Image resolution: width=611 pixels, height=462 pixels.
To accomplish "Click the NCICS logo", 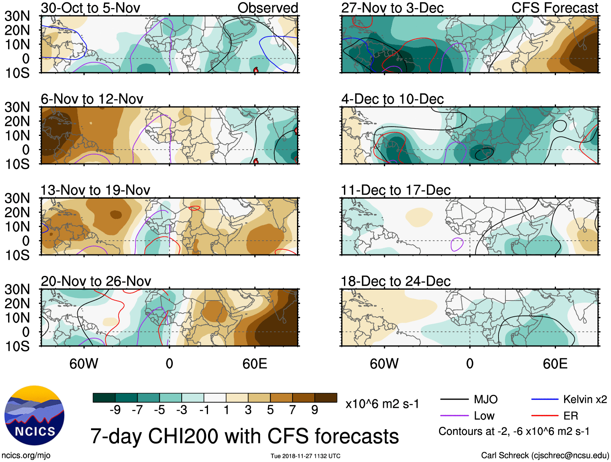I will tap(34, 415).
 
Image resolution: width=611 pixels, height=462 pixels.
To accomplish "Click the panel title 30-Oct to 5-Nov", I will tap(90, 8).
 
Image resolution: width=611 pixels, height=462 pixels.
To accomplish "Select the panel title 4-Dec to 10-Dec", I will tap(392, 99).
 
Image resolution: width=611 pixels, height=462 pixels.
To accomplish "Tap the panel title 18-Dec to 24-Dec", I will tap(395, 281).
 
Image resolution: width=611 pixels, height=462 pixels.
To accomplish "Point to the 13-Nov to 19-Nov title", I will tap(95, 190).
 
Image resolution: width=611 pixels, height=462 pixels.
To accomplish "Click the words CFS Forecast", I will tap(554, 8).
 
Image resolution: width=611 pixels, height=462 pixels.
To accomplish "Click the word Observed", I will tap(267, 8).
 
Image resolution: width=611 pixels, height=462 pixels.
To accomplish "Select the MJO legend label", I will tap(486, 400).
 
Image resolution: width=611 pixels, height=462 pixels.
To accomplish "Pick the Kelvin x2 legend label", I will tap(585, 400).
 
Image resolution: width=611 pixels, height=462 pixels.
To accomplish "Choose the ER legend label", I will tap(571, 415).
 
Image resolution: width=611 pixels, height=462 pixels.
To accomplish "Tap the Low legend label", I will tap(484, 415).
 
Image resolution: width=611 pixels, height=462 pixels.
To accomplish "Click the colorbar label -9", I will tap(115, 410).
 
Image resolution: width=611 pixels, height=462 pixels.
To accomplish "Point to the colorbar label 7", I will tap(293, 410).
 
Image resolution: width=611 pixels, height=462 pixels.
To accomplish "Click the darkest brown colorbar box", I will tap(326, 398).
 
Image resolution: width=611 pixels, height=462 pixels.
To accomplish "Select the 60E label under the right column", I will tap(555, 364).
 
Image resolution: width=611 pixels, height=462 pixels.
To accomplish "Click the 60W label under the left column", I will tap(84, 364).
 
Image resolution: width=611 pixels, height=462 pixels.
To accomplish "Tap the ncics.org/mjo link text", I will tap(26, 456).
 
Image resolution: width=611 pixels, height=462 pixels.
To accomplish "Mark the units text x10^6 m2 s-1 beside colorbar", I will tap(382, 404).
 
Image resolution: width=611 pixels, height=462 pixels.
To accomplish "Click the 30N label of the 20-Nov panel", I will tap(17, 289).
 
